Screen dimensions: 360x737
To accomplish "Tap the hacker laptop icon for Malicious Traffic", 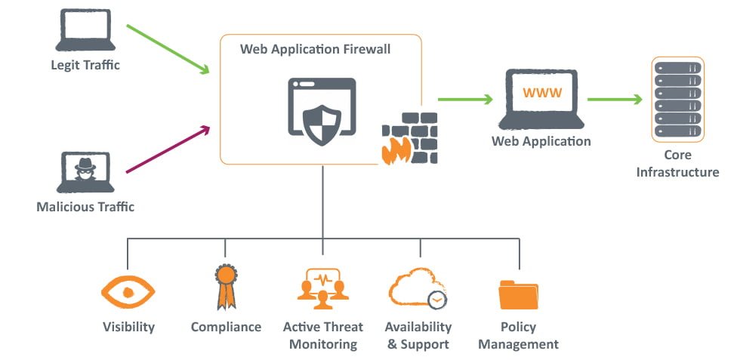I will point(85,172).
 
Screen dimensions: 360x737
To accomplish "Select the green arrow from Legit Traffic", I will point(168,49).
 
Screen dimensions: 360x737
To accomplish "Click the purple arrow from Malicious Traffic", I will point(168,150).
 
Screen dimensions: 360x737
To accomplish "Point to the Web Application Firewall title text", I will point(316,49).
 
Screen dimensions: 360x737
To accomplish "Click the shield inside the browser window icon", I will point(322,118).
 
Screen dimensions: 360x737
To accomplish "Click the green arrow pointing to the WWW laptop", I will point(465,99).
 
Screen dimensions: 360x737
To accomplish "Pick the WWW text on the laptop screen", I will point(541,94).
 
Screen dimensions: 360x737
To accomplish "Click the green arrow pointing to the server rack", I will point(615,99).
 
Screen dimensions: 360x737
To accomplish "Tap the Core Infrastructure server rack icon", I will point(678,99).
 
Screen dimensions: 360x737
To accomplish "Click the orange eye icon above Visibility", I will point(128,290).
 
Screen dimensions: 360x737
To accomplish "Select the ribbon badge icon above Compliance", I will point(225,288).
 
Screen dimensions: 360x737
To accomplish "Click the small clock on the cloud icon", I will point(436,300).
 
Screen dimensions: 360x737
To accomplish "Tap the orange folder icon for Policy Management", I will point(518,294).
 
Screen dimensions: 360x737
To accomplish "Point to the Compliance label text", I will point(226,327).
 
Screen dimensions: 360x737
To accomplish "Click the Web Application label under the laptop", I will point(541,141).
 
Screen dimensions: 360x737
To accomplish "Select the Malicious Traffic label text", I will point(85,206).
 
